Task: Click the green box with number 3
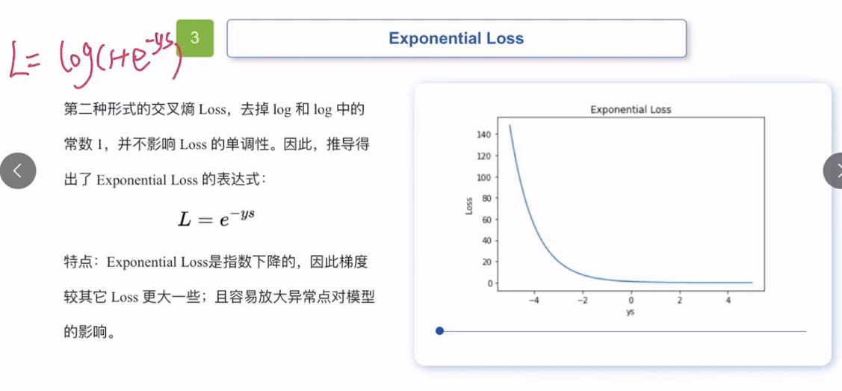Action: tap(195, 38)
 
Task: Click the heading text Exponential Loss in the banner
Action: tap(456, 39)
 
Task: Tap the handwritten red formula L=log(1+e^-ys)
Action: tap(93, 58)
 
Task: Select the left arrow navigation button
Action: tap(17, 171)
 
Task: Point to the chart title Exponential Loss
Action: tap(631, 109)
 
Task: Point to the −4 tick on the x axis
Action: tap(533, 301)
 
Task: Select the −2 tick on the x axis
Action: tap(582, 301)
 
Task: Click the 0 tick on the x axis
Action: tap(631, 301)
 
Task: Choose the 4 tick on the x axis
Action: tap(728, 301)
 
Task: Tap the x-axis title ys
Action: tap(631, 311)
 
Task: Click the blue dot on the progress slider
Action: tap(439, 331)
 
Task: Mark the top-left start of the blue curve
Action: tap(510, 126)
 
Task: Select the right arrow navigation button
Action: tap(834, 171)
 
